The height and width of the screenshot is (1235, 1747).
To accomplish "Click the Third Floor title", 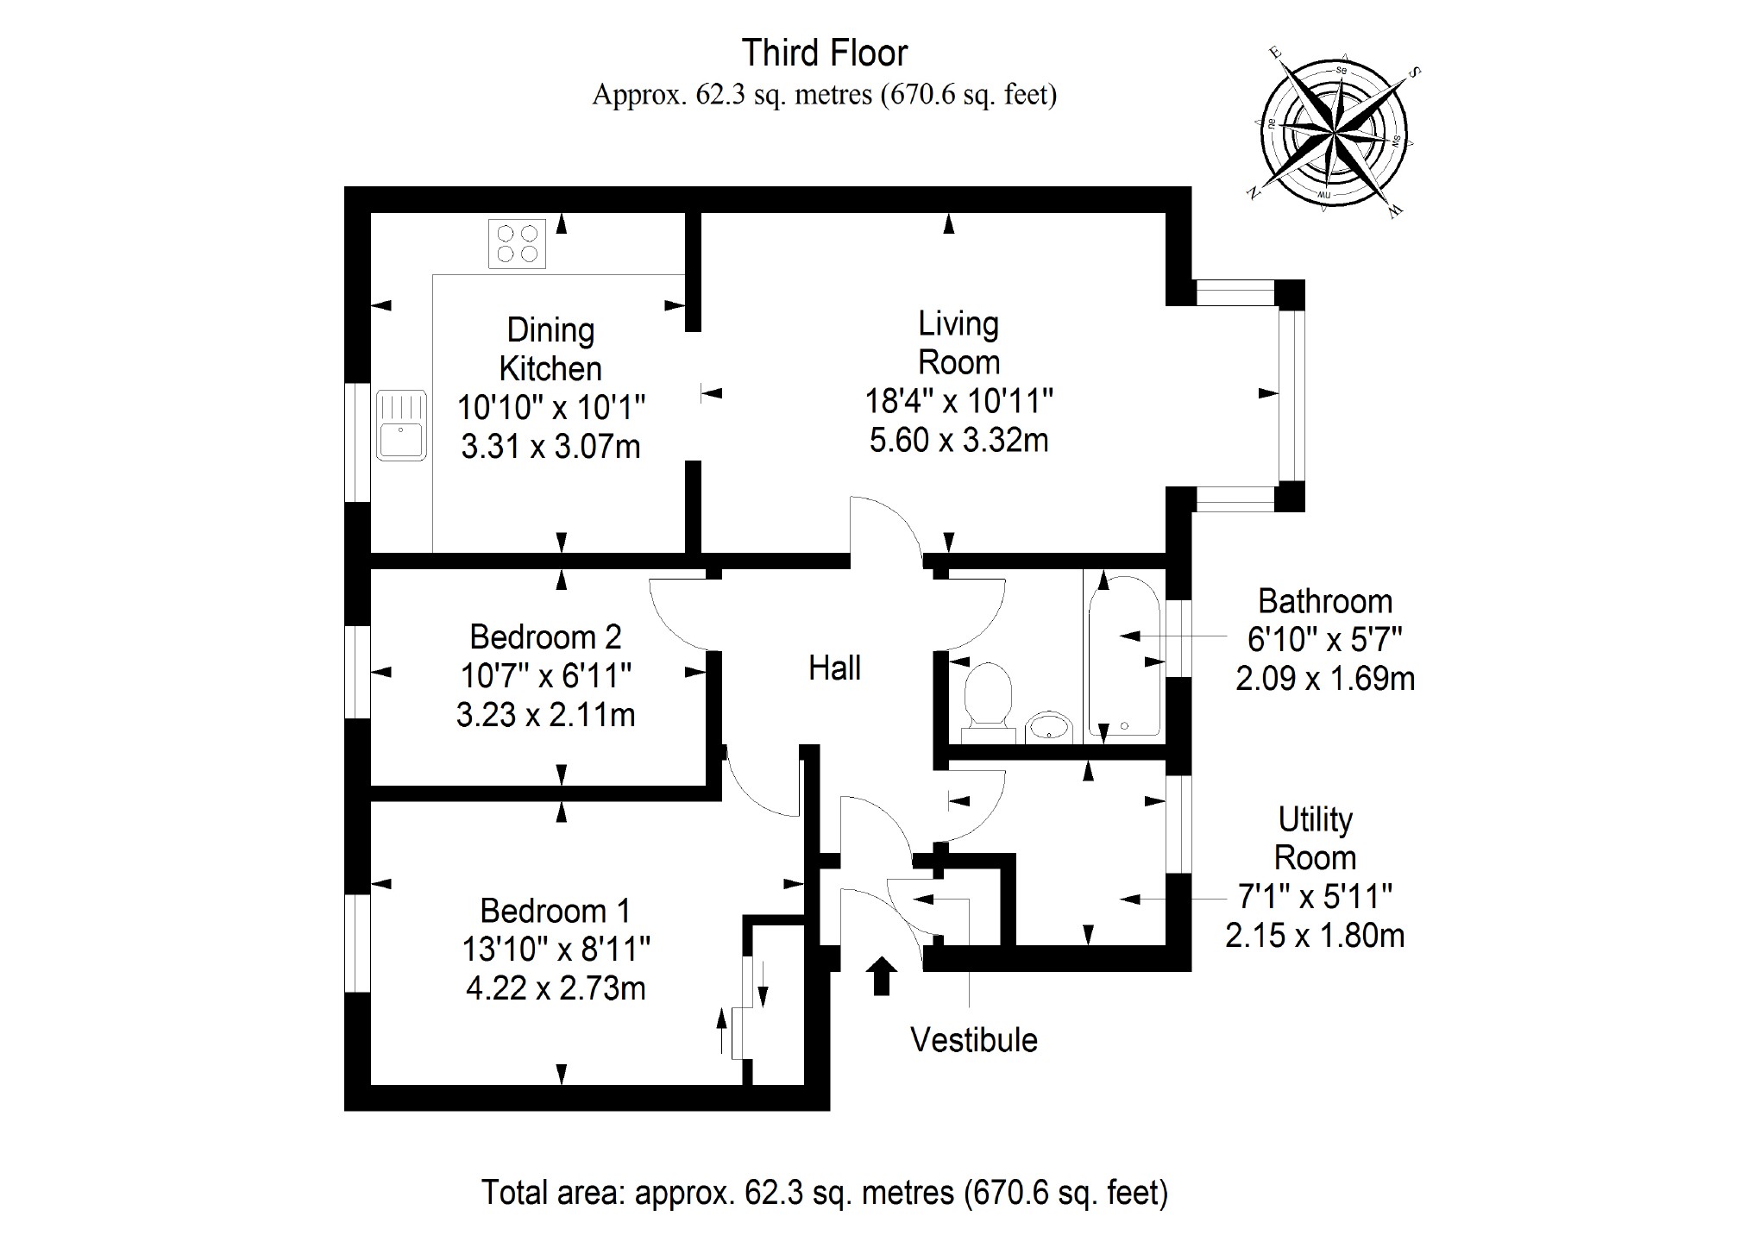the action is [x=825, y=53].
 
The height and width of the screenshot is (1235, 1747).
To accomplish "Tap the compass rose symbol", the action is [x=1333, y=136].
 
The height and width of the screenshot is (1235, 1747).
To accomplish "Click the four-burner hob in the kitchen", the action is [x=517, y=243].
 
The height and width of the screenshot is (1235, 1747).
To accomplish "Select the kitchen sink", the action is [x=401, y=425].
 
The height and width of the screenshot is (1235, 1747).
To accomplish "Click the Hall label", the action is [x=834, y=668].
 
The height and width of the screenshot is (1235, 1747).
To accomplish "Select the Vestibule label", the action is [x=974, y=1040].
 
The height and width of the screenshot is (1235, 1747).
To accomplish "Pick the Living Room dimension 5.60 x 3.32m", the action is [x=958, y=441].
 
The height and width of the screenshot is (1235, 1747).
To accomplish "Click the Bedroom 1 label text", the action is [x=556, y=911].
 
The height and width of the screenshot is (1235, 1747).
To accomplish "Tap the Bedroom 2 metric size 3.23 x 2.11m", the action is [x=545, y=715].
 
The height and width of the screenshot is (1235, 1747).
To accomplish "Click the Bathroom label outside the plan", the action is [x=1324, y=601].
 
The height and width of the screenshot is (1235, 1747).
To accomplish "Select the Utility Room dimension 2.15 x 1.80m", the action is [x=1315, y=936].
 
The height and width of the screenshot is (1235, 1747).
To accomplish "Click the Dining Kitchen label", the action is [x=550, y=349].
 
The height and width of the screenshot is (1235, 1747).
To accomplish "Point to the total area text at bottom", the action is [x=824, y=1193].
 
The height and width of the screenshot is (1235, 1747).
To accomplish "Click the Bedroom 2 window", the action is [x=357, y=672].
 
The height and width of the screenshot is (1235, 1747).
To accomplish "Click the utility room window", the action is [x=1178, y=824].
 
